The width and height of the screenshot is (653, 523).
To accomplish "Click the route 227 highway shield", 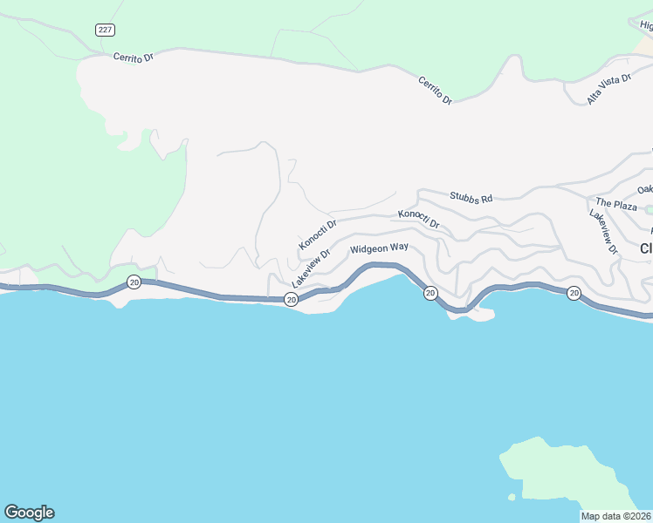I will (x=105, y=30).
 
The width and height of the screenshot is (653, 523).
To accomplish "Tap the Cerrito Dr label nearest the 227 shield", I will (x=133, y=58).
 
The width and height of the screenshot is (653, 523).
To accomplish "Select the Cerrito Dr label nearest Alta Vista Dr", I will (x=435, y=90).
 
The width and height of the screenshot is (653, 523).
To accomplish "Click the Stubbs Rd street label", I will (x=471, y=198).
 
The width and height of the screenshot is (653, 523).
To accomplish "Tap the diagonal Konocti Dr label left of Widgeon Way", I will (x=318, y=234).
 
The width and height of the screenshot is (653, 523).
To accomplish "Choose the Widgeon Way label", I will (x=379, y=248).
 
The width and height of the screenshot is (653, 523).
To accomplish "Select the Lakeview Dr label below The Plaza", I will (x=602, y=232).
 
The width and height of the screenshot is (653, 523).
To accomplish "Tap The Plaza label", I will (x=616, y=205).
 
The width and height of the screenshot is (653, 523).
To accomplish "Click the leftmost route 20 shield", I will (x=134, y=281).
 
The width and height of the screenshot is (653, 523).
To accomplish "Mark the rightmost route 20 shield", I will (x=573, y=293).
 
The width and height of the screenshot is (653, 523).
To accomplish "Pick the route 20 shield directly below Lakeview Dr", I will (x=291, y=300).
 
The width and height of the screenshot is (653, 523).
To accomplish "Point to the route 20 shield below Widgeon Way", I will (x=430, y=293).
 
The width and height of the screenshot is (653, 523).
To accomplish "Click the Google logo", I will (x=29, y=512).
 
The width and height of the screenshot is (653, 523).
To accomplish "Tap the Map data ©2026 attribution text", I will (x=615, y=516).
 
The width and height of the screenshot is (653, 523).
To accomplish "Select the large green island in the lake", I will (x=567, y=475).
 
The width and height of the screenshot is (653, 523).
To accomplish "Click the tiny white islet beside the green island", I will (x=512, y=498).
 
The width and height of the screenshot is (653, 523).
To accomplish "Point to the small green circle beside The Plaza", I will (x=648, y=207).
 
